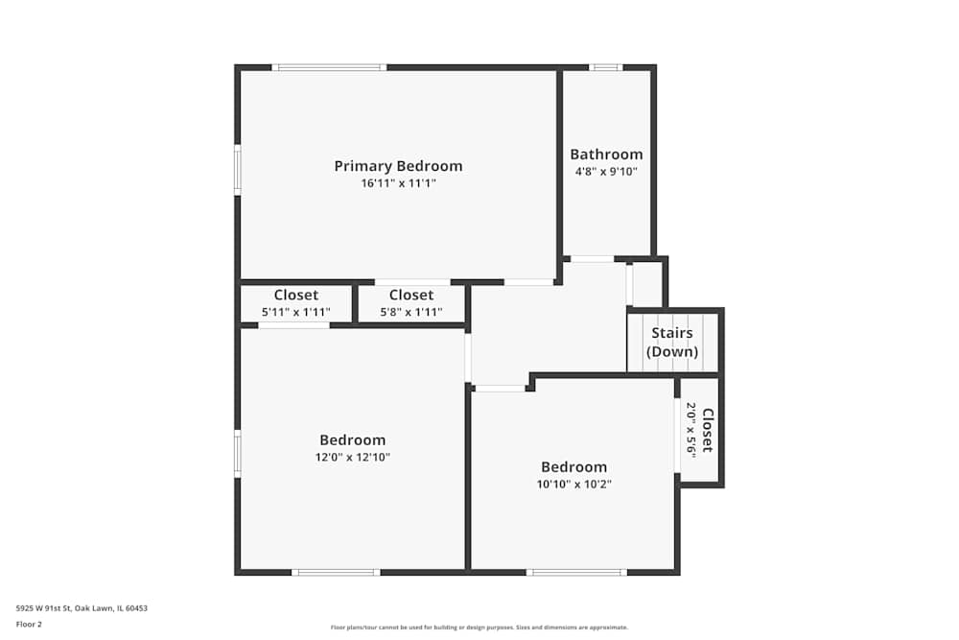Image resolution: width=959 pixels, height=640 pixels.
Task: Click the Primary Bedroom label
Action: click(398, 166)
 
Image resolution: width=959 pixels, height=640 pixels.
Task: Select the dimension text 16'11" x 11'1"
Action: click(398, 183)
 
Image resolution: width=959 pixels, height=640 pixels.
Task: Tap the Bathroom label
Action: click(606, 154)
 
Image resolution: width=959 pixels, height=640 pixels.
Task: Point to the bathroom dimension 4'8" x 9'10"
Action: click(606, 172)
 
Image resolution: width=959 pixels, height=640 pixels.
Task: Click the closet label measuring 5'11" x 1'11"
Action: click(295, 296)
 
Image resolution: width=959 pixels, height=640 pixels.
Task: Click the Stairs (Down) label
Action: click(671, 342)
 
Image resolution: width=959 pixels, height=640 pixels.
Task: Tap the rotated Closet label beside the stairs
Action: click(708, 430)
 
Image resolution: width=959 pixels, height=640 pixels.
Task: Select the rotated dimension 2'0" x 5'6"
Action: click(690, 428)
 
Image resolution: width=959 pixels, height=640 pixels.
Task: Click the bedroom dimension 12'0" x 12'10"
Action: click(353, 457)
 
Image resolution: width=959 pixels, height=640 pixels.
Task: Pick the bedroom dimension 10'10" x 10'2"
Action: click(573, 484)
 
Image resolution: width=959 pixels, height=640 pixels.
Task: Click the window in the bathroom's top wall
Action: click(605, 67)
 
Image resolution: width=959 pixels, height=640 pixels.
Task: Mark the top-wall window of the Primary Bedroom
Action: click(329, 67)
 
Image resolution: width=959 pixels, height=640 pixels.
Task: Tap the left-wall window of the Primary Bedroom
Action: click(238, 170)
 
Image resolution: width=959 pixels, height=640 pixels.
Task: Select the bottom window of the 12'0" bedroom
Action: click(336, 572)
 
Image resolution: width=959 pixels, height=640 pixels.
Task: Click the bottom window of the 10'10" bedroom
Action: click(576, 572)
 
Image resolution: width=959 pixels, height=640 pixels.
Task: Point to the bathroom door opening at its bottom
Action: click(592, 258)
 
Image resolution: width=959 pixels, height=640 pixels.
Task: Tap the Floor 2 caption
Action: click(29, 624)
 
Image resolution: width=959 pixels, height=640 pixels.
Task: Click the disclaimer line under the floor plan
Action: click(479, 628)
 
